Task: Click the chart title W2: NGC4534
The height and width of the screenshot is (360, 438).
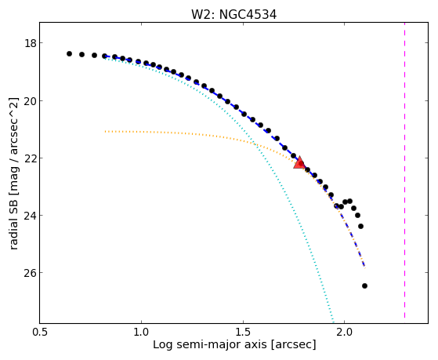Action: pyautogui.click(x=233, y=15)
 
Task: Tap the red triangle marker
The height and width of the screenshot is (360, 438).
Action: pyautogui.click(x=299, y=163)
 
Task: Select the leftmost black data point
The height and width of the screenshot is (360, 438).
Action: pyautogui.click(x=69, y=53)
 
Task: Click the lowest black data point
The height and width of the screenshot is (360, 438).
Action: pyautogui.click(x=364, y=285)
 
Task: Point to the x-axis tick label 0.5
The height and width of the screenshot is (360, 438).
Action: pyautogui.click(x=40, y=333)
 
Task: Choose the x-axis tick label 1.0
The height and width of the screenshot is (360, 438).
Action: pyautogui.click(x=141, y=333)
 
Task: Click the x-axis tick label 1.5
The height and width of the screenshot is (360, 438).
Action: pyautogui.click(x=243, y=333)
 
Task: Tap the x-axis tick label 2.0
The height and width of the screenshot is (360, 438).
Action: pyautogui.click(x=345, y=333)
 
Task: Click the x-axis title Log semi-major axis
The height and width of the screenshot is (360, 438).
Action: pyautogui.click(x=210, y=345)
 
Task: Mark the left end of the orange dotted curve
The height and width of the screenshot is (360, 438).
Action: pyautogui.click(x=105, y=131)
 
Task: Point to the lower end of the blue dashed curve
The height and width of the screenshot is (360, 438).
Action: pyautogui.click(x=364, y=266)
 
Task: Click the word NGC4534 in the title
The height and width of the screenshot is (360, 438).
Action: pyautogui.click(x=248, y=15)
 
